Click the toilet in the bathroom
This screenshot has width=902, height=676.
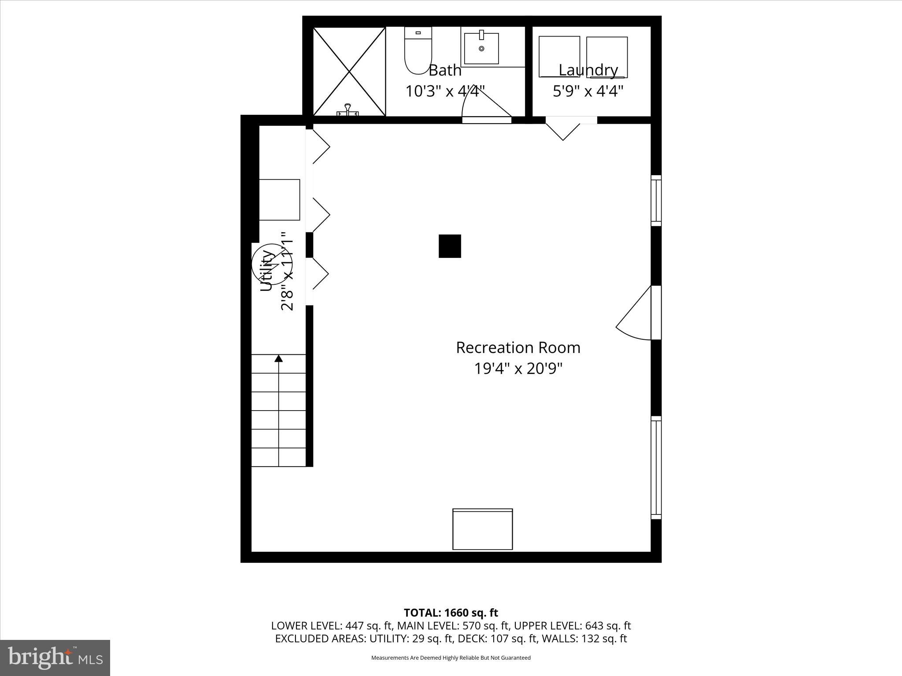(418, 51)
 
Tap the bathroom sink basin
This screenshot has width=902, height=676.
(481, 48)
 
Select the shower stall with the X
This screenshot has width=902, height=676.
(349, 72)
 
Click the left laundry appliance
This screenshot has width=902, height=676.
(559, 57)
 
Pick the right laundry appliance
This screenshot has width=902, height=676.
(607, 57)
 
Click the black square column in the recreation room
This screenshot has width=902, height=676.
(450, 246)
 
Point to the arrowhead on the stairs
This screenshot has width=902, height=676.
(278, 359)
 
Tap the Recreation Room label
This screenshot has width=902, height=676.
(518, 348)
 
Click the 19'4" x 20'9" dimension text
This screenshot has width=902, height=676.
(518, 368)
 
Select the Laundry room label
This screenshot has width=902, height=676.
(588, 70)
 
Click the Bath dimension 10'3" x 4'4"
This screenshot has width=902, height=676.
(445, 91)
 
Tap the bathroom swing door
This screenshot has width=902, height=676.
(484, 110)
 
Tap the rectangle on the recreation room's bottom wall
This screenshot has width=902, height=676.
(483, 529)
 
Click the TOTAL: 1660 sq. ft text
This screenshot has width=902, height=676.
(451, 613)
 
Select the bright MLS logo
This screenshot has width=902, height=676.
(55, 658)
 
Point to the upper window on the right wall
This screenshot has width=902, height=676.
(656, 201)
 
